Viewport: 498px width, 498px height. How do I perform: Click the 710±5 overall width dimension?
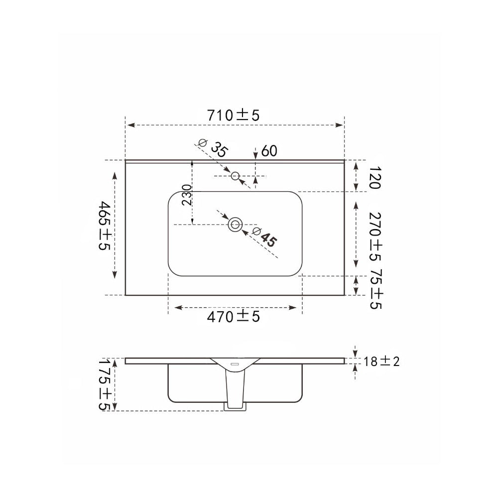234,116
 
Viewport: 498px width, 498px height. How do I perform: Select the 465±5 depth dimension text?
104,225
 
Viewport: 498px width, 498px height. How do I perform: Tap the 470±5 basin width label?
234,317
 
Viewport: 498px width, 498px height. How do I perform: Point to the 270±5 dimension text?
375,237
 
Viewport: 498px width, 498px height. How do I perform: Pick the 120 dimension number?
375,178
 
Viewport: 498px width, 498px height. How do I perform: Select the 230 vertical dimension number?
187,195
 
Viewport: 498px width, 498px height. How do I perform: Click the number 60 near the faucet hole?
269,151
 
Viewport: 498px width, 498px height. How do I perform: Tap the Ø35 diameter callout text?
213,148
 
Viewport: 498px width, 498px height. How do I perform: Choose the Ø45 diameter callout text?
264,237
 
